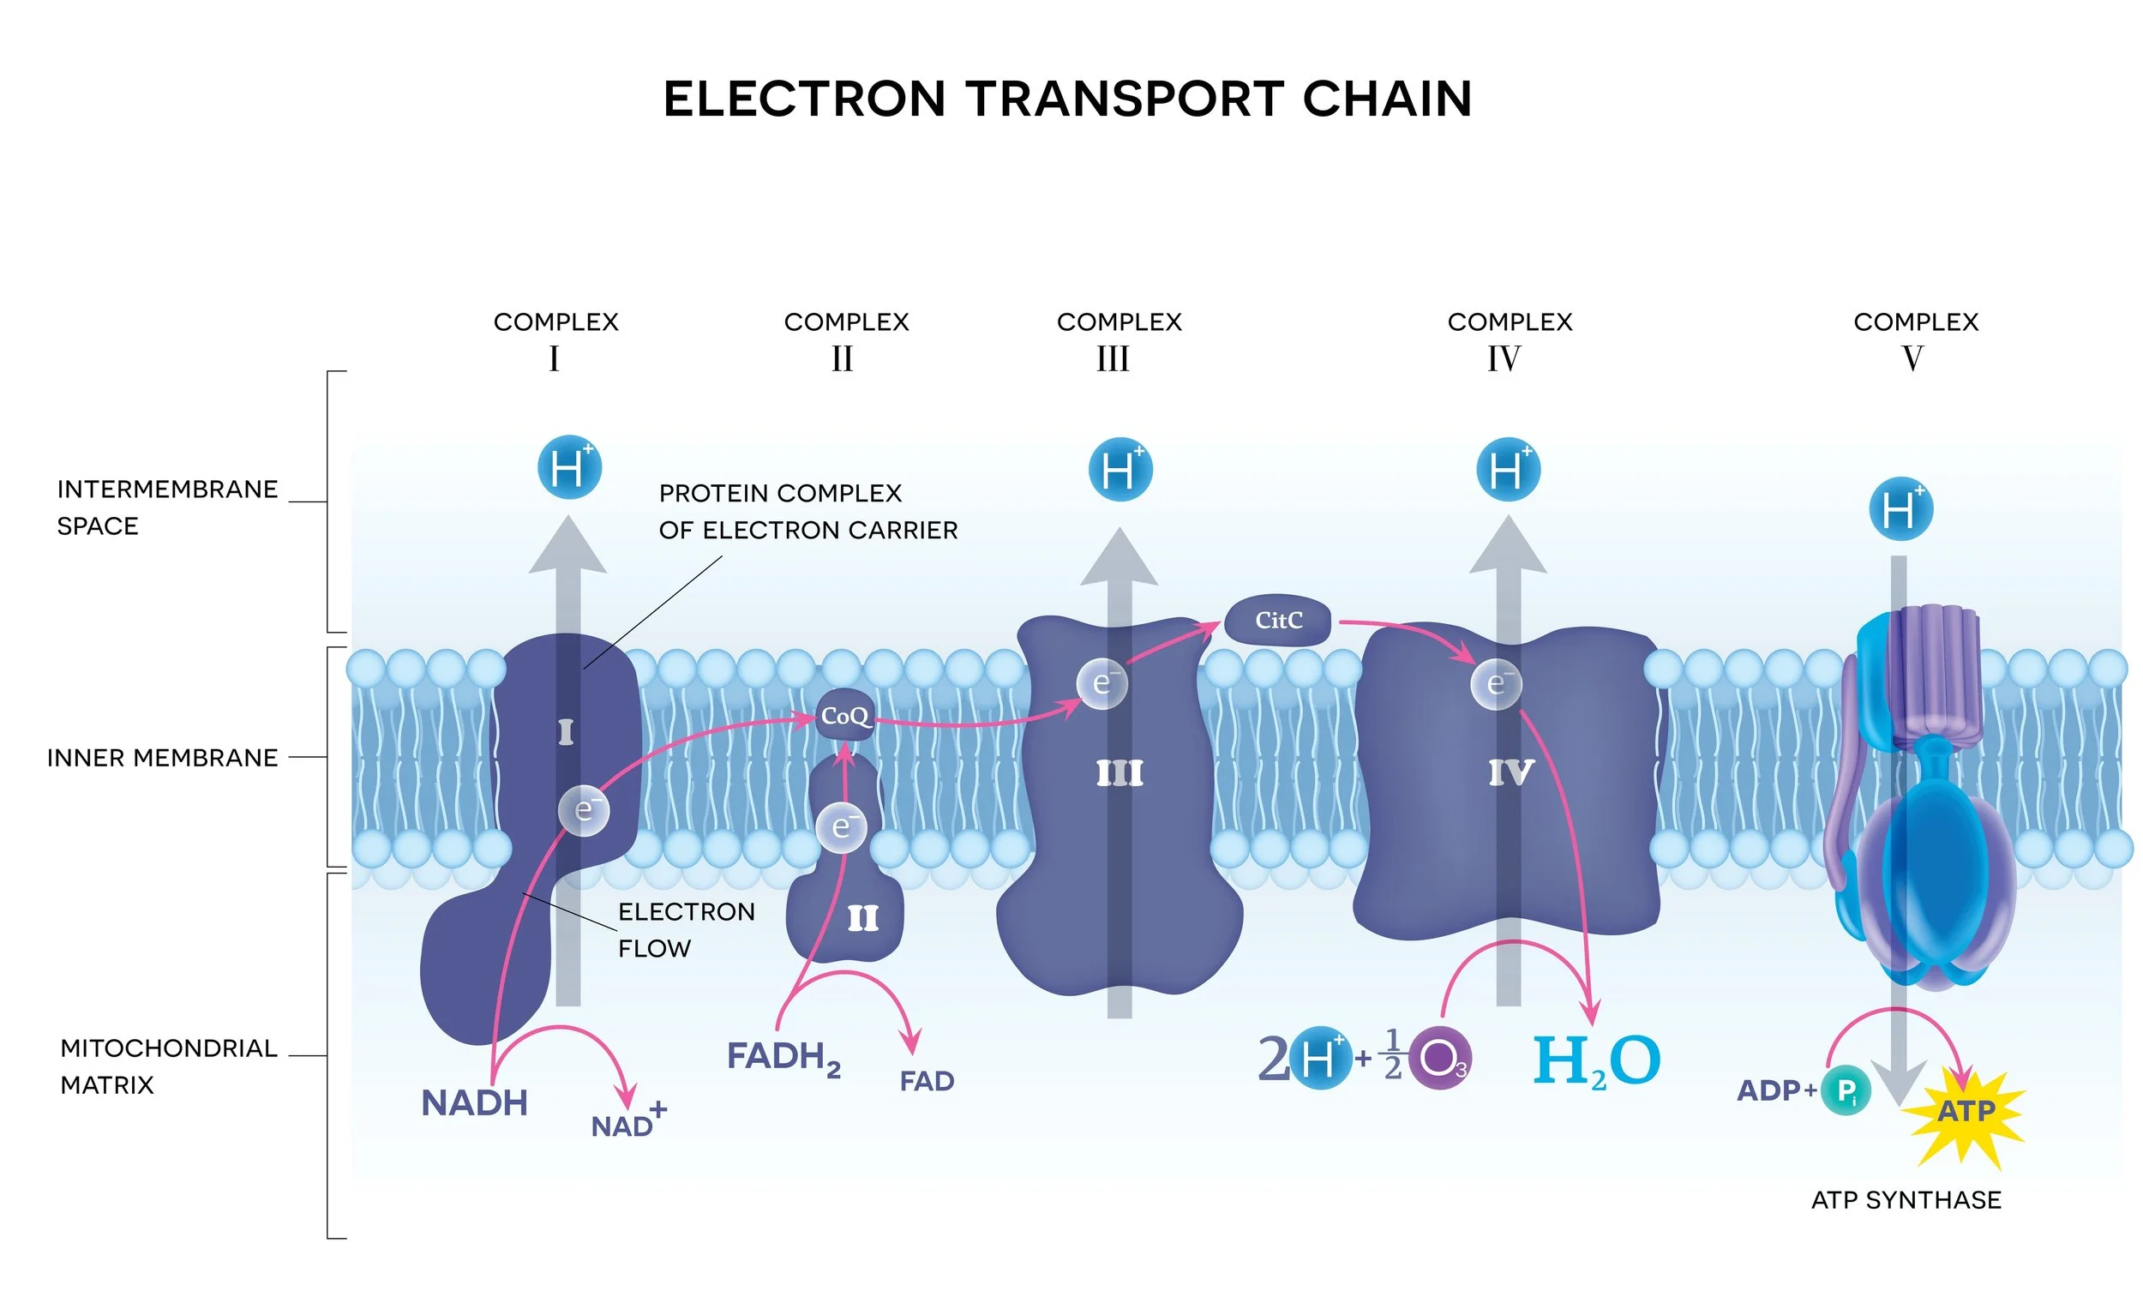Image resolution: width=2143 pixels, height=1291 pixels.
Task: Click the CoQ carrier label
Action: (844, 716)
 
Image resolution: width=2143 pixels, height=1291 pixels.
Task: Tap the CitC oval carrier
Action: (1277, 621)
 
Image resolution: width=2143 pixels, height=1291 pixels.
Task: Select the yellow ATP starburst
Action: (1965, 1112)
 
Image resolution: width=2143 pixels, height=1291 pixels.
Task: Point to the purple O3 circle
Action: (1440, 1059)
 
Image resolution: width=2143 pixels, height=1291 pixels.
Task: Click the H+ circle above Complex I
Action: (570, 468)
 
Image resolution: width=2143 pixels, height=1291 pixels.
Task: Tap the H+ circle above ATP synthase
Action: (1900, 510)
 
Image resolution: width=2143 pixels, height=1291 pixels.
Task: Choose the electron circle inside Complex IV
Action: (1496, 684)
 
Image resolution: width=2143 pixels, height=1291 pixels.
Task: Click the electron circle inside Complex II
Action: (841, 826)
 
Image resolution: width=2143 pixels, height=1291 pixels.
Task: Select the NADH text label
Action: (474, 1103)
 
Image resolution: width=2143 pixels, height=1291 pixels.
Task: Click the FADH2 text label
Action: (783, 1058)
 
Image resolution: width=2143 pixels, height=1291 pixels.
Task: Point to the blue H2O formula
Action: (1595, 1061)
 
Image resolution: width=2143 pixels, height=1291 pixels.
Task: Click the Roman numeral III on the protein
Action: (1120, 773)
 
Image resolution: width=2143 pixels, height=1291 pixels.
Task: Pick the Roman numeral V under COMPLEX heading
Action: (1912, 358)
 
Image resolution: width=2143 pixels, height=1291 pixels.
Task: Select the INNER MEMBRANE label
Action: (163, 758)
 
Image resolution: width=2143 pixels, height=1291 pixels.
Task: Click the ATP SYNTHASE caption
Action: (1906, 1200)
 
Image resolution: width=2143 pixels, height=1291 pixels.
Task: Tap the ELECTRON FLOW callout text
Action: (686, 930)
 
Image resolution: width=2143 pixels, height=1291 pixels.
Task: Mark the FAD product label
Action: (927, 1081)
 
